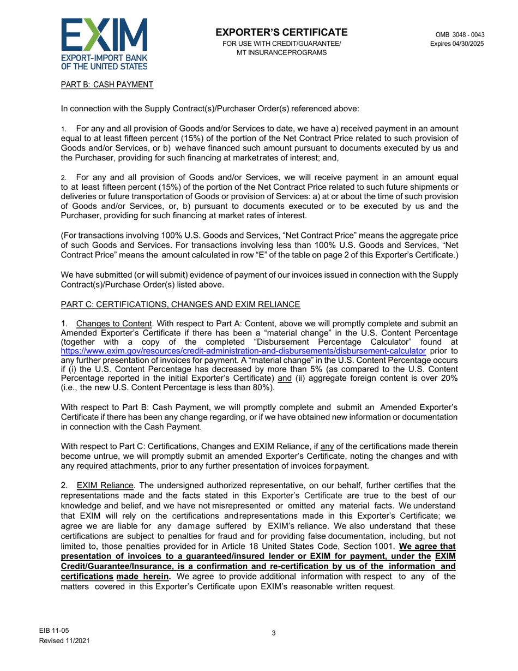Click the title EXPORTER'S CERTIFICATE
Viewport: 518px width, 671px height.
point(281,32)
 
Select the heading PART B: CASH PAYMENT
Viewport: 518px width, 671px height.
point(107,84)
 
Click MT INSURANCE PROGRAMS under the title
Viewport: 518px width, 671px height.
point(281,52)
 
